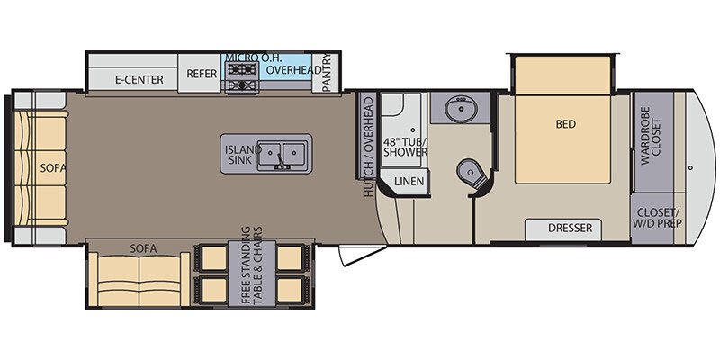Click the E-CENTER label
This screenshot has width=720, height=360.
pyautogui.click(x=139, y=79)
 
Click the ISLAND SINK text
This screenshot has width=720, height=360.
pyautogui.click(x=243, y=155)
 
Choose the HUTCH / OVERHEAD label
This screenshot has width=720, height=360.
pyautogui.click(x=368, y=147)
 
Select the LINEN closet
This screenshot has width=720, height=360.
pyautogui.click(x=409, y=183)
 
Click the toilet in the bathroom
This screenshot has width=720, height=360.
pyautogui.click(x=468, y=171)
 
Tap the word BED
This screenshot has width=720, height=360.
pyautogui.click(x=566, y=124)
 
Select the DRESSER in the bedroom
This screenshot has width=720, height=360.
pyautogui.click(x=571, y=229)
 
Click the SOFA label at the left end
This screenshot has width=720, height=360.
pyautogui.click(x=47, y=167)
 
